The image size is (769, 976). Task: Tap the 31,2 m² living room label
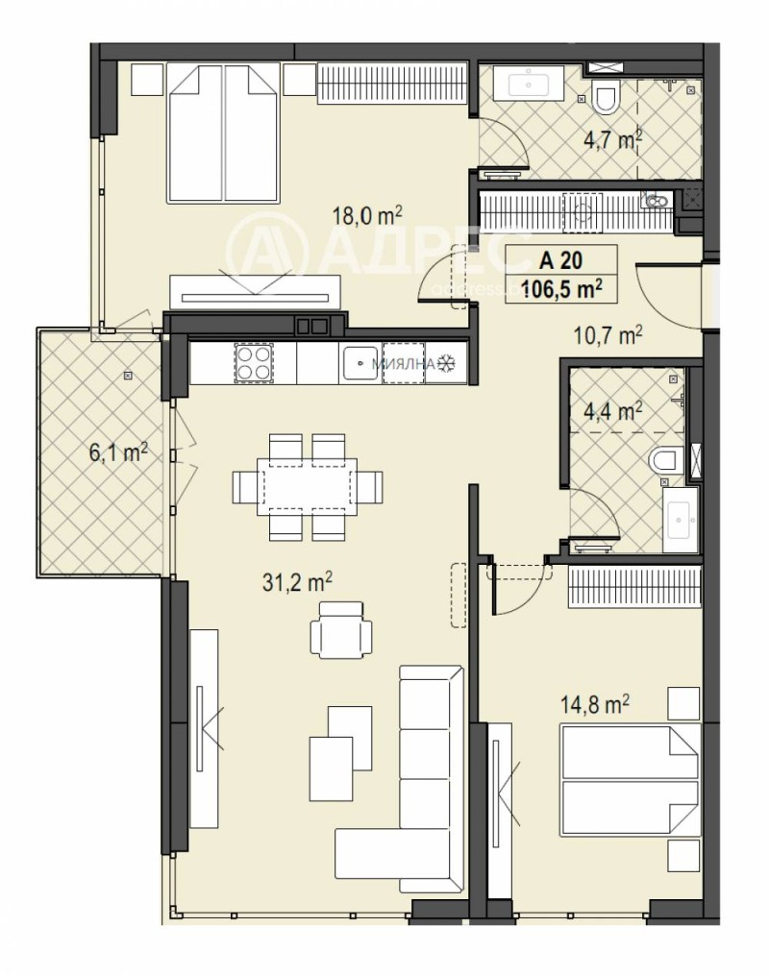[301, 581]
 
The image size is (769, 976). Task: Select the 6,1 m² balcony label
[118, 451]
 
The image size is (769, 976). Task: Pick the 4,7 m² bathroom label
[612, 140]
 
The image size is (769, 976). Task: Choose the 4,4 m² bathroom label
[612, 412]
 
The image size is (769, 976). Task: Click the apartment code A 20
[560, 258]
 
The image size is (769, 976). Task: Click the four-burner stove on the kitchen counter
[255, 363]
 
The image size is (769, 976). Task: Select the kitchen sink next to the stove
[360, 363]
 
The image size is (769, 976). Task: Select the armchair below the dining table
[341, 630]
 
